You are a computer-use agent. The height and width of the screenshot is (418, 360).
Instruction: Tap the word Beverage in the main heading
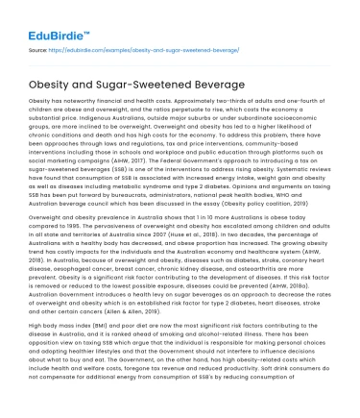(x=205, y=82)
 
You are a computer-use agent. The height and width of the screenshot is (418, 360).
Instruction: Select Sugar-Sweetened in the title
(x=134, y=82)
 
